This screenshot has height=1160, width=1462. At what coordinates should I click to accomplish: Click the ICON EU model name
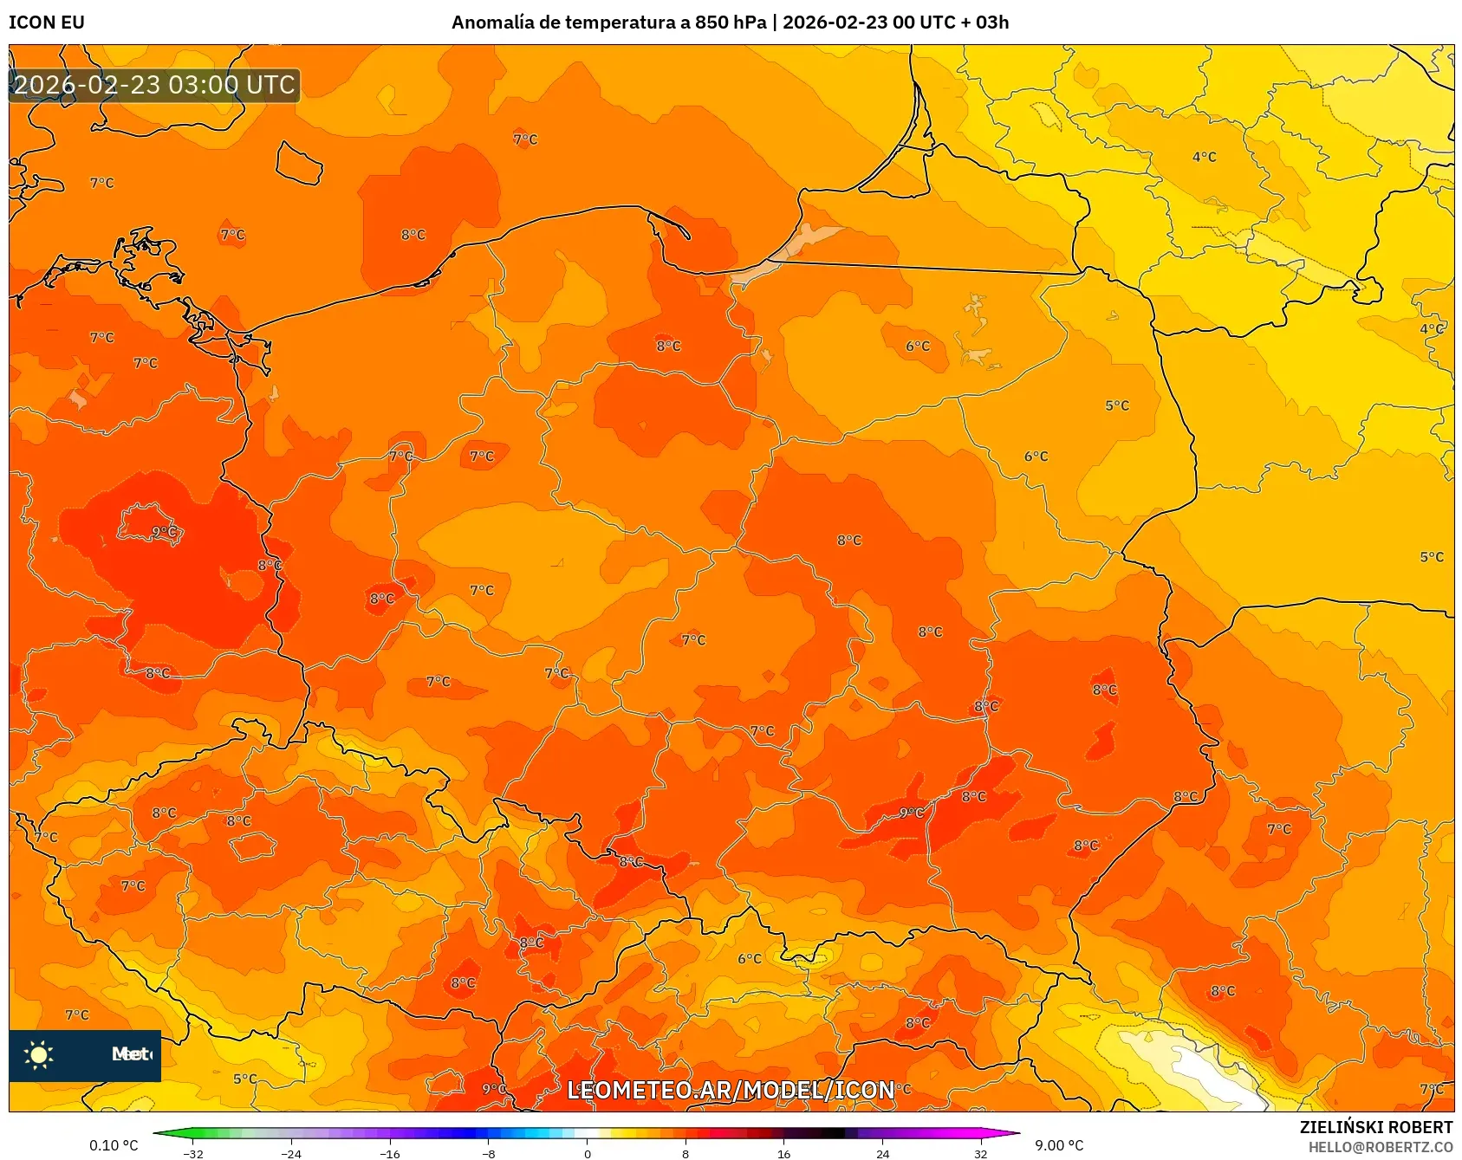pos(47,23)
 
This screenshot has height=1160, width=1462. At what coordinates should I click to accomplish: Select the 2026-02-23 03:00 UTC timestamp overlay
pos(154,85)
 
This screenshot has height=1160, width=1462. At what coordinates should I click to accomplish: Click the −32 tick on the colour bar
pos(194,1153)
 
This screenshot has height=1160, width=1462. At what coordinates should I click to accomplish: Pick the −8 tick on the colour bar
pos(489,1153)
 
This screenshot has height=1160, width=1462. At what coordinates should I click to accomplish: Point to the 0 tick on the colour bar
pos(588,1153)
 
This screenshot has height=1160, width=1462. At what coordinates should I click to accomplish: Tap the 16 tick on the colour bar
pos(783,1153)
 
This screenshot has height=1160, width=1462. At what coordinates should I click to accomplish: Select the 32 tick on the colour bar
pos(980,1153)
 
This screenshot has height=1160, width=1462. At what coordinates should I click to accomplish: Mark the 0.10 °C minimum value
pos(114,1145)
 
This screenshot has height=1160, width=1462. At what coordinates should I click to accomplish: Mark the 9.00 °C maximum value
pos(1059,1145)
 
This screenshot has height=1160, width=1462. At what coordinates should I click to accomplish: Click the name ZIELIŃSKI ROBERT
pos(1375,1127)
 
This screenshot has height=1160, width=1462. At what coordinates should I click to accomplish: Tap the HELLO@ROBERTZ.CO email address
pos(1380,1147)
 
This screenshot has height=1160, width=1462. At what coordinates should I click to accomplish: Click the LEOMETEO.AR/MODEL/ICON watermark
pos(731,1090)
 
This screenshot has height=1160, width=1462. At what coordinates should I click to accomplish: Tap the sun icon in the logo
pos(39,1054)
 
